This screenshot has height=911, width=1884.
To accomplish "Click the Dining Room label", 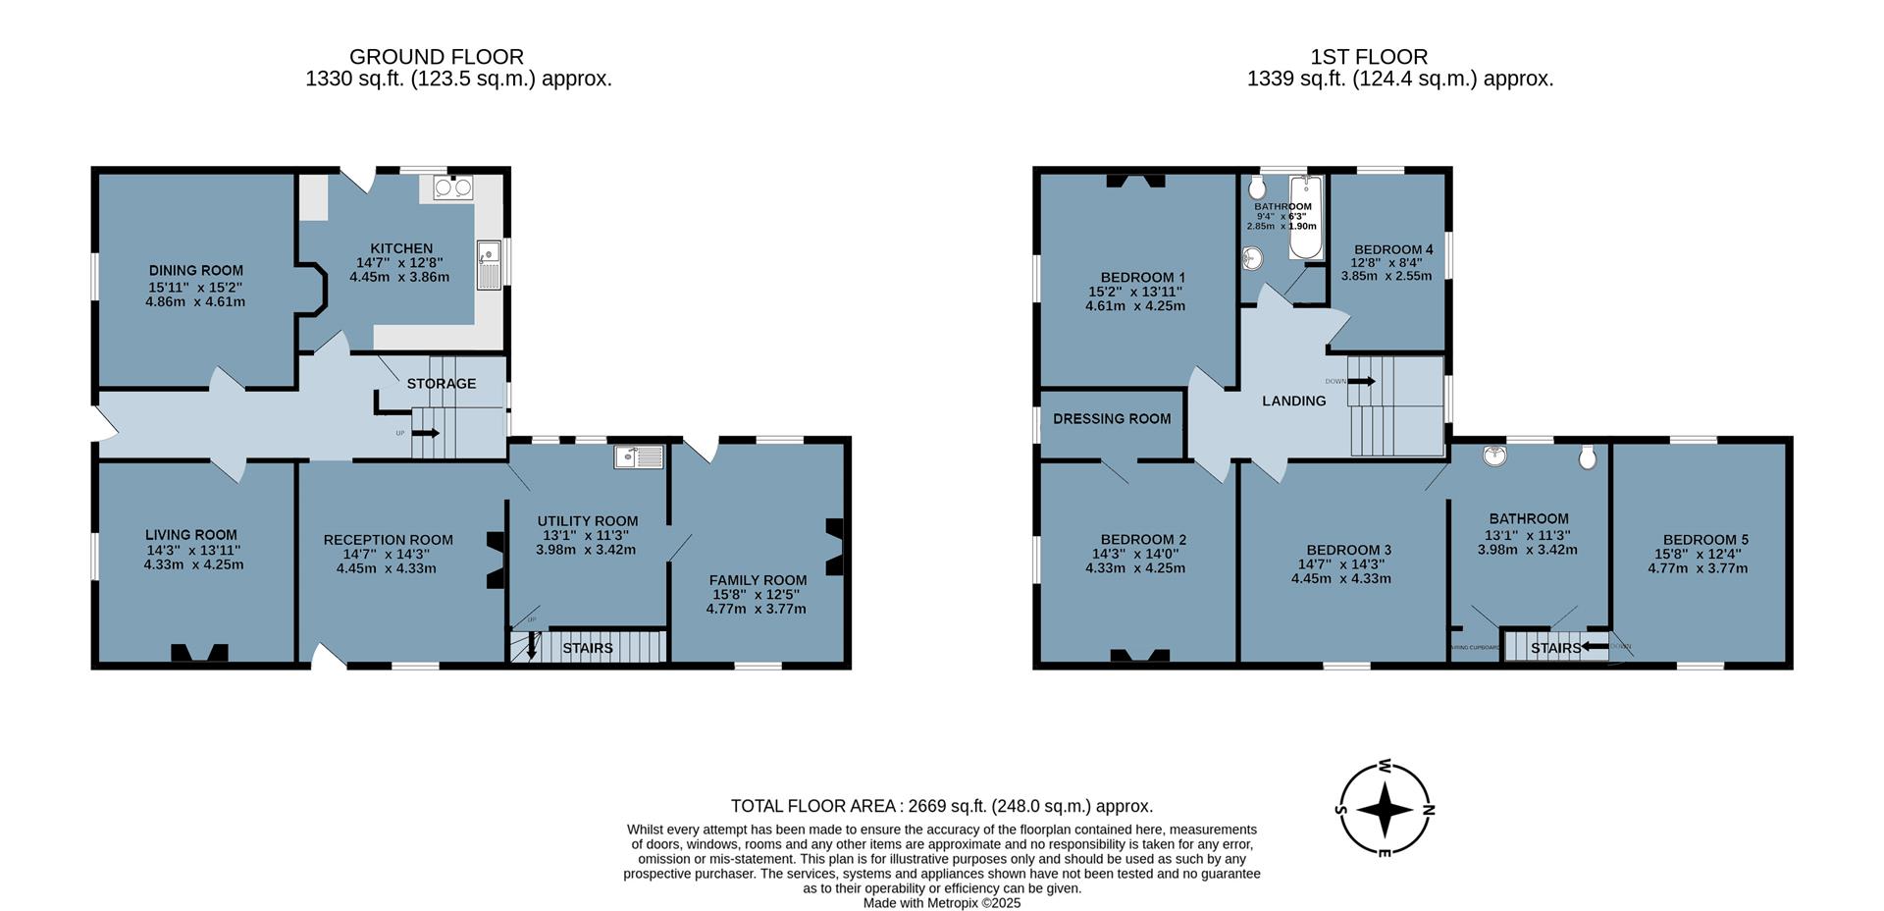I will [195, 270].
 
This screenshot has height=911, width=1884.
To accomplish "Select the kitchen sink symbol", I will [489, 264].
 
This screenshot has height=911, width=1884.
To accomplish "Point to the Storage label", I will [442, 384].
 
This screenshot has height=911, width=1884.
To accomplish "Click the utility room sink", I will [639, 456].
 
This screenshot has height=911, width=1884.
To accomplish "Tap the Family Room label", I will [758, 580].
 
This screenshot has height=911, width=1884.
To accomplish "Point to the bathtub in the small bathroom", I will [1305, 218].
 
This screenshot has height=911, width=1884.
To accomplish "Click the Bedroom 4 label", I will [1392, 249].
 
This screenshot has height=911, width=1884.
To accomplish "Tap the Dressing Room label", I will [1111, 419].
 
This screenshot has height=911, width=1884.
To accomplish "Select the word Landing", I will [1293, 401].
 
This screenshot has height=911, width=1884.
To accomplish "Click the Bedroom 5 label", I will [1705, 539].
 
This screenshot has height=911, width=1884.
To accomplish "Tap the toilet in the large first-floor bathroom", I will [1587, 457].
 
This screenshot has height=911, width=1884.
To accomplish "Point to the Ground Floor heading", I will [436, 57].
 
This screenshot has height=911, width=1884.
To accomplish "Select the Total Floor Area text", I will [941, 806].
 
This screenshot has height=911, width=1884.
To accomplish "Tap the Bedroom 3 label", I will [1348, 550].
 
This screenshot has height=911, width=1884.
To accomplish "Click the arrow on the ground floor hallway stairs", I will [426, 433].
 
